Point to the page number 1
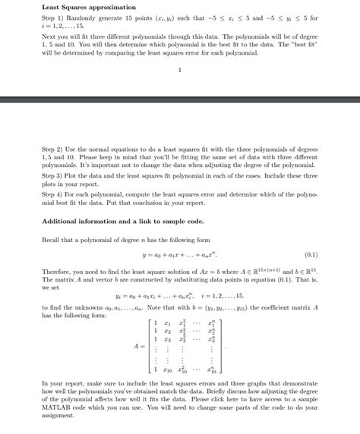179,71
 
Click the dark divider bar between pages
180,99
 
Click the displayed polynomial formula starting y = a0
180,256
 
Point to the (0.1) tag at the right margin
311,256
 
